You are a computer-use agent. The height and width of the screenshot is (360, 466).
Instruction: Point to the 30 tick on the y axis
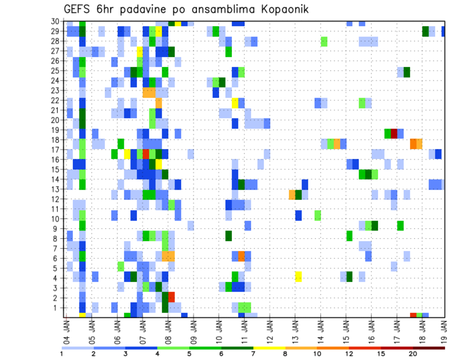point(56,21)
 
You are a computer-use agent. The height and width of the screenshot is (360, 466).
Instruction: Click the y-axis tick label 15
point(56,169)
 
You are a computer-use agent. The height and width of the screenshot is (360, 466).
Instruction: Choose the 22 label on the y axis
point(56,100)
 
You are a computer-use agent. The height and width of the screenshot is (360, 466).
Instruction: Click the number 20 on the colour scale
point(413,354)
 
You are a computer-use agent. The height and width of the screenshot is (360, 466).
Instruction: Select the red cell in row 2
point(171,297)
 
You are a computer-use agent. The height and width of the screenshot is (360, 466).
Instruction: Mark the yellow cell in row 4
point(298,277)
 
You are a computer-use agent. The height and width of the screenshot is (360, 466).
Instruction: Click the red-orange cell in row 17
point(146,154)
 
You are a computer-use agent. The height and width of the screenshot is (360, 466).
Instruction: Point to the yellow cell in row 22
point(235,103)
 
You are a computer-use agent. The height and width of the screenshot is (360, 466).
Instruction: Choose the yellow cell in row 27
point(140,51)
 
